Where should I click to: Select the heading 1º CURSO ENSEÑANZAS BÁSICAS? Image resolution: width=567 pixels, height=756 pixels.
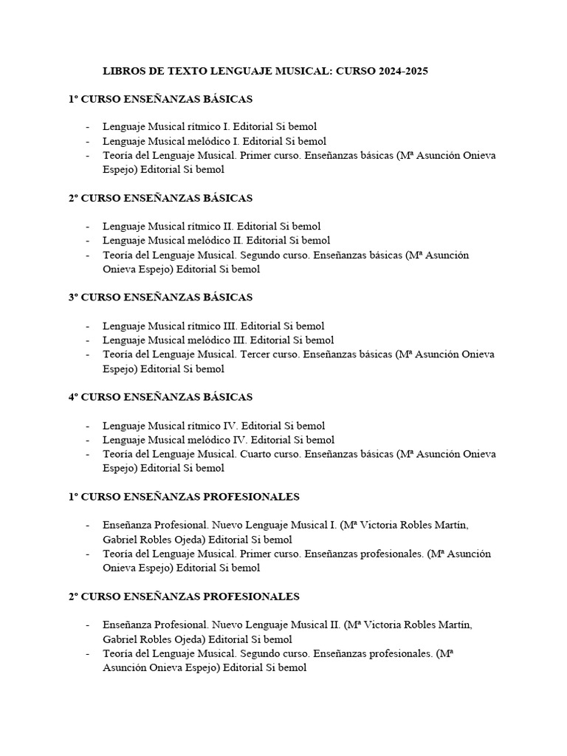tap(160, 98)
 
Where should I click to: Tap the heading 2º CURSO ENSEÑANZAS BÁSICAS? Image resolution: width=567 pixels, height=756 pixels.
tap(160, 198)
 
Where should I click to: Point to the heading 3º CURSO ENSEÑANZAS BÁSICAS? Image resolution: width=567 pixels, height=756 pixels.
tap(160, 297)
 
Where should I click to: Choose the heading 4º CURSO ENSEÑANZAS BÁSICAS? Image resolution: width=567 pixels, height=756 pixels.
tap(160, 396)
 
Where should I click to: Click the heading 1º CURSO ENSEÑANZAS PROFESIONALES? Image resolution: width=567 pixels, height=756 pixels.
tap(184, 496)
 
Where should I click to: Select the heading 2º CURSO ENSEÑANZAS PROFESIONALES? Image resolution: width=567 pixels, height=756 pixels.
tap(184, 596)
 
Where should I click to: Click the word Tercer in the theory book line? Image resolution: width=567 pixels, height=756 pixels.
tap(255, 354)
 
